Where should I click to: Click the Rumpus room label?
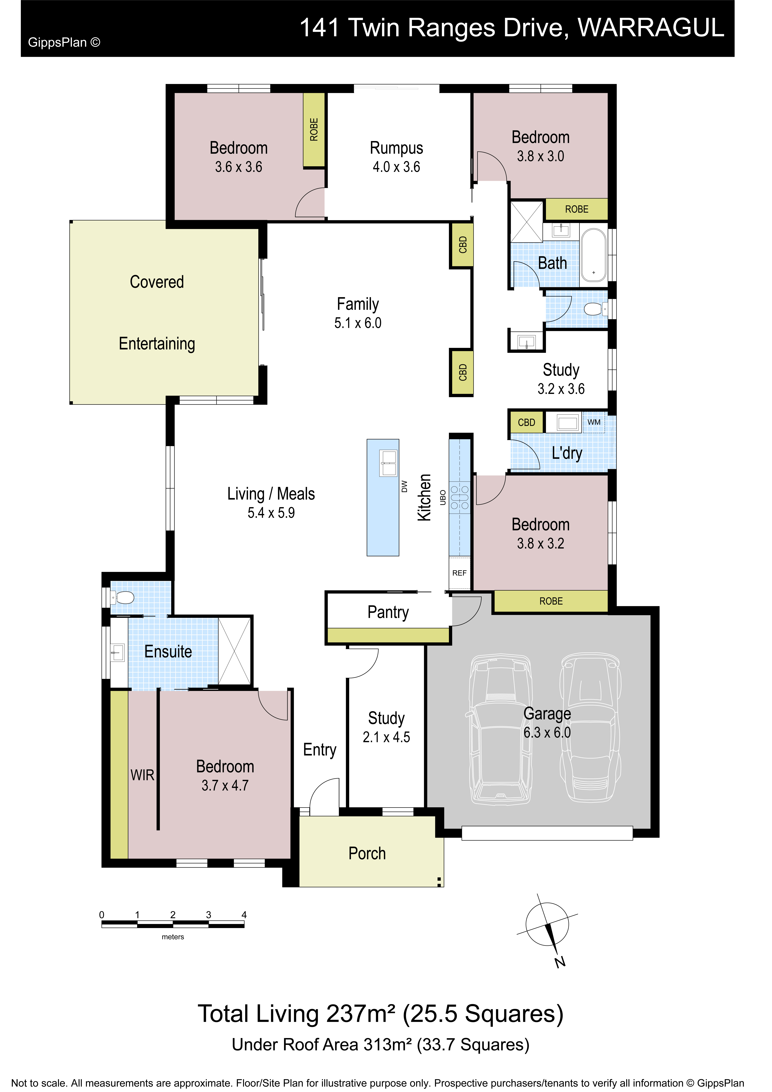click(396, 148)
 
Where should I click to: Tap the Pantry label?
click(388, 612)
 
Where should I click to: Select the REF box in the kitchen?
click(459, 573)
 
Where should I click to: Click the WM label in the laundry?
click(594, 422)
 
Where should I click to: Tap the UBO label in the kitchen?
click(443, 497)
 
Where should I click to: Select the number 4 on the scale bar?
click(244, 915)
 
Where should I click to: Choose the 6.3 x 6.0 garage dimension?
click(547, 733)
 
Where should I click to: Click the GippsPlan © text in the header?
click(64, 42)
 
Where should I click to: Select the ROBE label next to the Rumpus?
click(314, 129)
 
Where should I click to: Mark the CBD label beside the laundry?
click(526, 422)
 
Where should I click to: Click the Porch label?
click(367, 853)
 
